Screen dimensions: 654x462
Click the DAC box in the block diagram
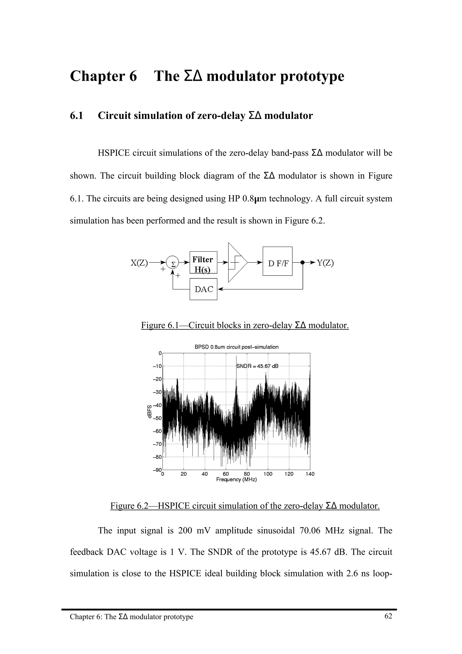[x=203, y=289]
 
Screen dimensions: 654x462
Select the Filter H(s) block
[x=203, y=262]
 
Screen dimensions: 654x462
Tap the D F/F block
[x=277, y=261]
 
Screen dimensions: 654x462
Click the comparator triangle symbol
[x=237, y=262]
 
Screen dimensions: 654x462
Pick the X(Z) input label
[x=139, y=263]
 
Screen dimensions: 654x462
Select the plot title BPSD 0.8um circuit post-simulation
[x=236, y=347]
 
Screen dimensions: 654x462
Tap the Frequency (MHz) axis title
[x=236, y=480]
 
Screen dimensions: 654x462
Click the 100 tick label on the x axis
[x=268, y=474]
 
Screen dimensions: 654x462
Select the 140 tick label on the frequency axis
[x=310, y=474]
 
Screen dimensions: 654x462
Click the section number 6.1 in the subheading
[x=76, y=116]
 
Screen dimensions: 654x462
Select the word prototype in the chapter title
[x=312, y=76]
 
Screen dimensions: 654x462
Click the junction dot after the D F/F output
[x=303, y=262]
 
